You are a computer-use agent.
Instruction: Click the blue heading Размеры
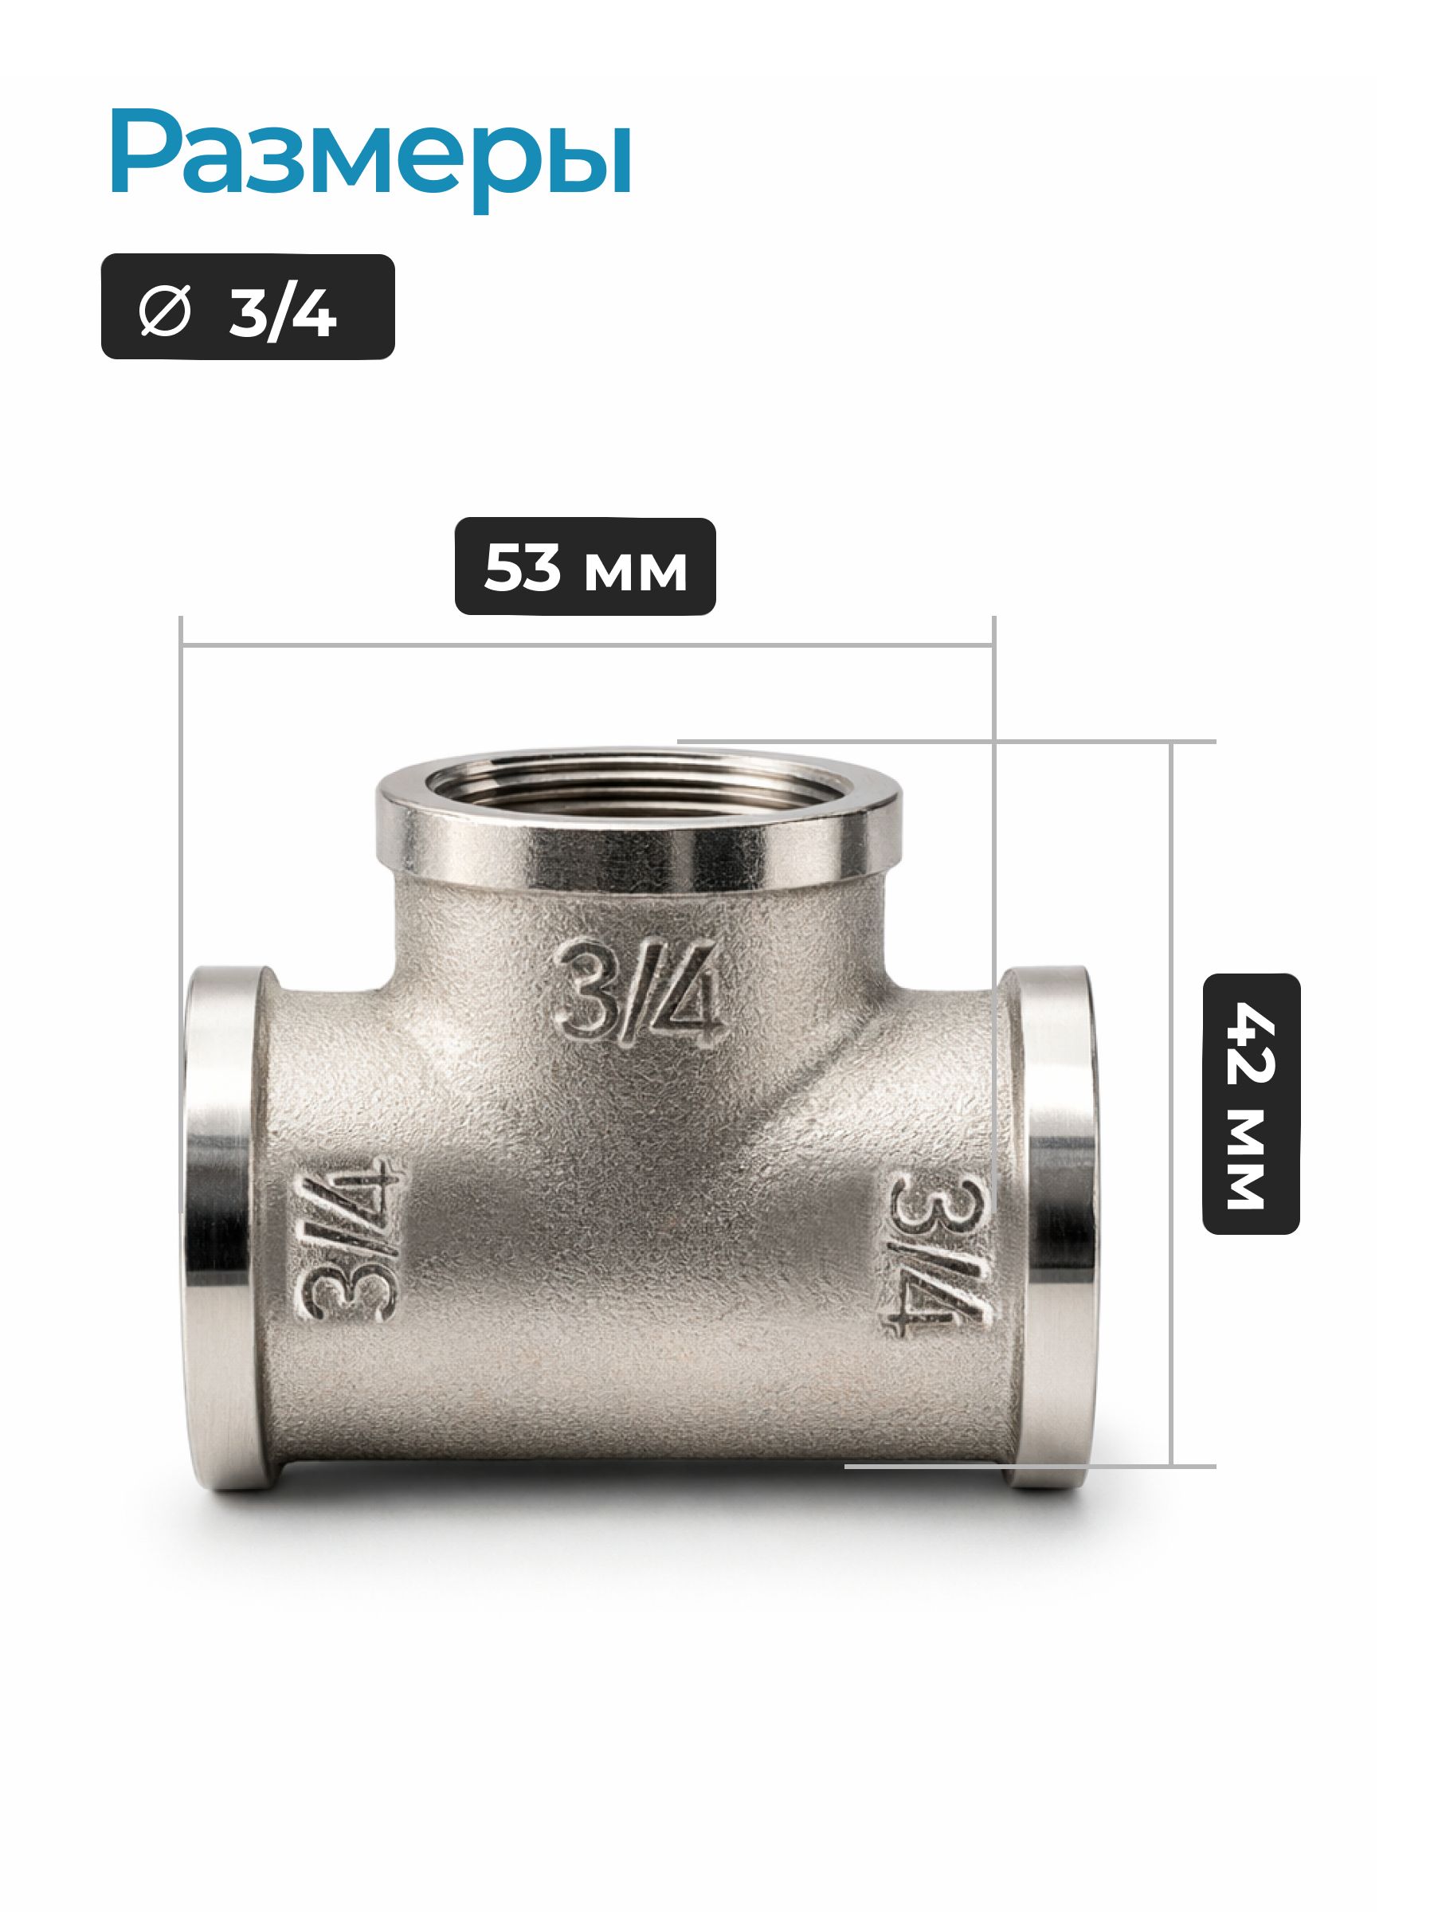(370, 159)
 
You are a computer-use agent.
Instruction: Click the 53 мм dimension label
(586, 567)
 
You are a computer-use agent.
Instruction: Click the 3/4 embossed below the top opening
(641, 993)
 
